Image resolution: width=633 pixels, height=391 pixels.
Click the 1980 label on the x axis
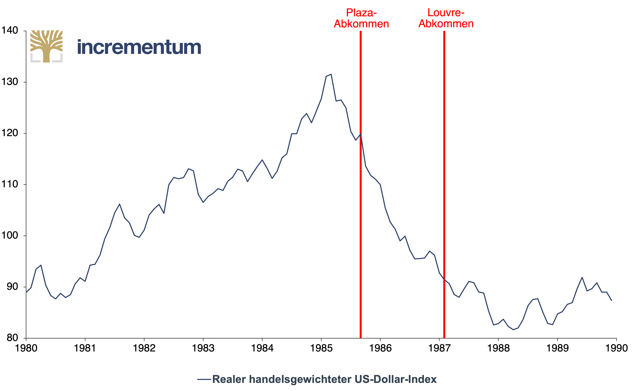(26, 348)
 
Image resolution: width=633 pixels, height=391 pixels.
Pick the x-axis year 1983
(203, 348)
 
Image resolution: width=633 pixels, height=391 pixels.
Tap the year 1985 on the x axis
(321, 348)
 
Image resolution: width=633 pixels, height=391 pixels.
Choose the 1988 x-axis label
(498, 348)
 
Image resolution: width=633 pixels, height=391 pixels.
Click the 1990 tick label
(616, 348)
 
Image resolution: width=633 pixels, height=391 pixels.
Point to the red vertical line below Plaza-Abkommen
(360, 184)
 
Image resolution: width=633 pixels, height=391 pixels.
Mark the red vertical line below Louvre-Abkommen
(444, 184)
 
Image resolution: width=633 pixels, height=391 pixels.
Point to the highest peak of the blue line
(331, 74)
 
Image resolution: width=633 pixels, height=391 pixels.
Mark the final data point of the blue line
(612, 300)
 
